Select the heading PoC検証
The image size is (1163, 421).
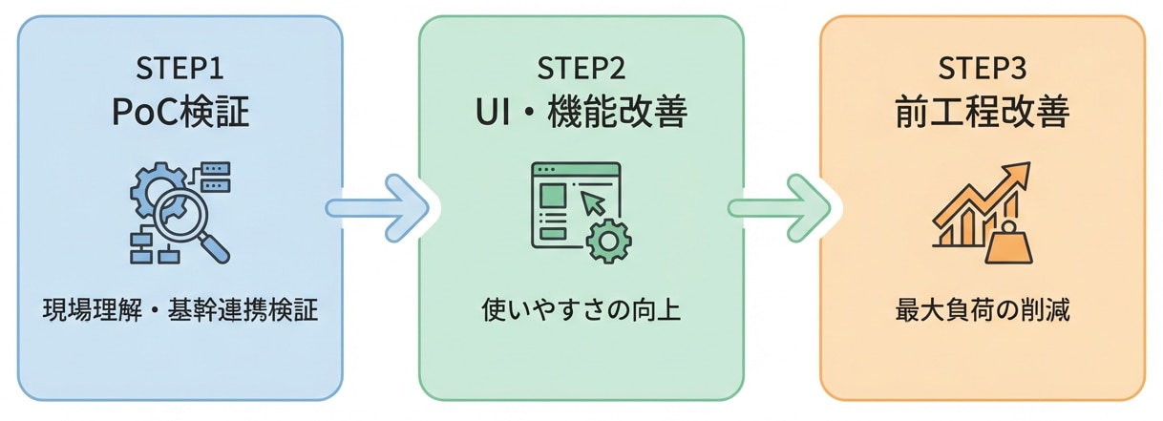pyautogui.click(x=180, y=113)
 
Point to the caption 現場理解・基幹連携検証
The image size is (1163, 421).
pyautogui.click(x=180, y=310)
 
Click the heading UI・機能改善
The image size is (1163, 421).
pyautogui.click(x=581, y=113)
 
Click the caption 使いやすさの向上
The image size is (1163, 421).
pyautogui.click(x=581, y=310)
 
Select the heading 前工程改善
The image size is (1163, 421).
pyautogui.click(x=982, y=113)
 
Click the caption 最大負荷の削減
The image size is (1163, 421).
pyautogui.click(x=982, y=310)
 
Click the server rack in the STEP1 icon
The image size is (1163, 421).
pyautogui.click(x=214, y=176)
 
